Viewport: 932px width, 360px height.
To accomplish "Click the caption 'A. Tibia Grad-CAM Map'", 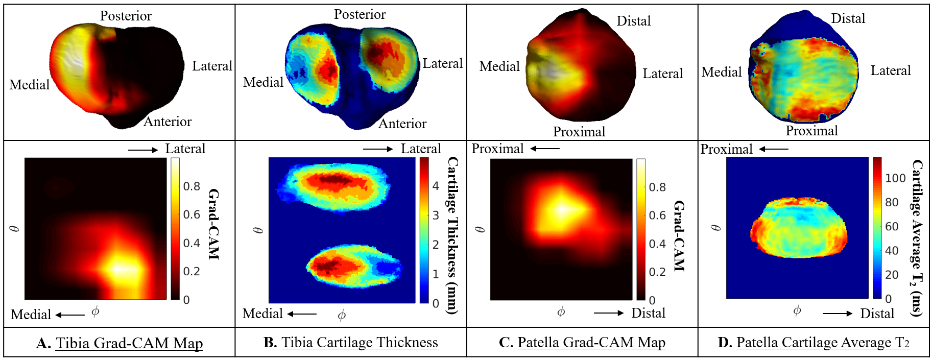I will [x=120, y=343].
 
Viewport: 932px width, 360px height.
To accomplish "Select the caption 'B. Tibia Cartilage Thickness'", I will [x=351, y=342].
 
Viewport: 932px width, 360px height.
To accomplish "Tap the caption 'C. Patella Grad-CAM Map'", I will [x=582, y=342].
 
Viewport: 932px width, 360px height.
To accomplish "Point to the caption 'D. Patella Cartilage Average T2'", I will [x=814, y=342].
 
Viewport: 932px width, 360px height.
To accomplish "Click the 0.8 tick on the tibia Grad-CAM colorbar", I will [x=192, y=186].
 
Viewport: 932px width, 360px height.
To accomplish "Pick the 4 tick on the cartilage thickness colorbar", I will [x=436, y=186].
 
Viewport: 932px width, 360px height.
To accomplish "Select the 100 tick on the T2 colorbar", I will [x=895, y=178].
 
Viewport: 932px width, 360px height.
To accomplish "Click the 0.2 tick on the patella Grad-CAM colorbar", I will [x=657, y=272].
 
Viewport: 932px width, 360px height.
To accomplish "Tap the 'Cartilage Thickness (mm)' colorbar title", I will [x=452, y=235].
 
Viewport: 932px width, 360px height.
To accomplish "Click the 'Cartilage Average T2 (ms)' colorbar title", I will [x=918, y=237].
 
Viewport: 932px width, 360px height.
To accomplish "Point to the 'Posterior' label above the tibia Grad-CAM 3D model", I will [x=126, y=16].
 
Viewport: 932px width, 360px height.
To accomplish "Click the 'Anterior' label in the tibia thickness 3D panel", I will [x=402, y=124].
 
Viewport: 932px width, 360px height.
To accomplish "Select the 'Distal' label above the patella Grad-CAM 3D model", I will [x=634, y=21].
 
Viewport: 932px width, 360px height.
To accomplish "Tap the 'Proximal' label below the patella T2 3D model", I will [x=811, y=131].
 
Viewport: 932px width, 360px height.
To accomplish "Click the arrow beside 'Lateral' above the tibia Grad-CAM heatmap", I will [x=143, y=150].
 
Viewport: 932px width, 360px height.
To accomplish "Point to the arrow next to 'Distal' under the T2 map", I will [x=838, y=314].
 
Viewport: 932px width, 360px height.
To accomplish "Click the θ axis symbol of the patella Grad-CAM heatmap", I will [x=480, y=229].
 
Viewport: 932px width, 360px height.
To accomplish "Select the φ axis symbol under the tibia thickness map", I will [x=342, y=315].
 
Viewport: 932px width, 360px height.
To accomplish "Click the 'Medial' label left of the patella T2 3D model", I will [x=721, y=73].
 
